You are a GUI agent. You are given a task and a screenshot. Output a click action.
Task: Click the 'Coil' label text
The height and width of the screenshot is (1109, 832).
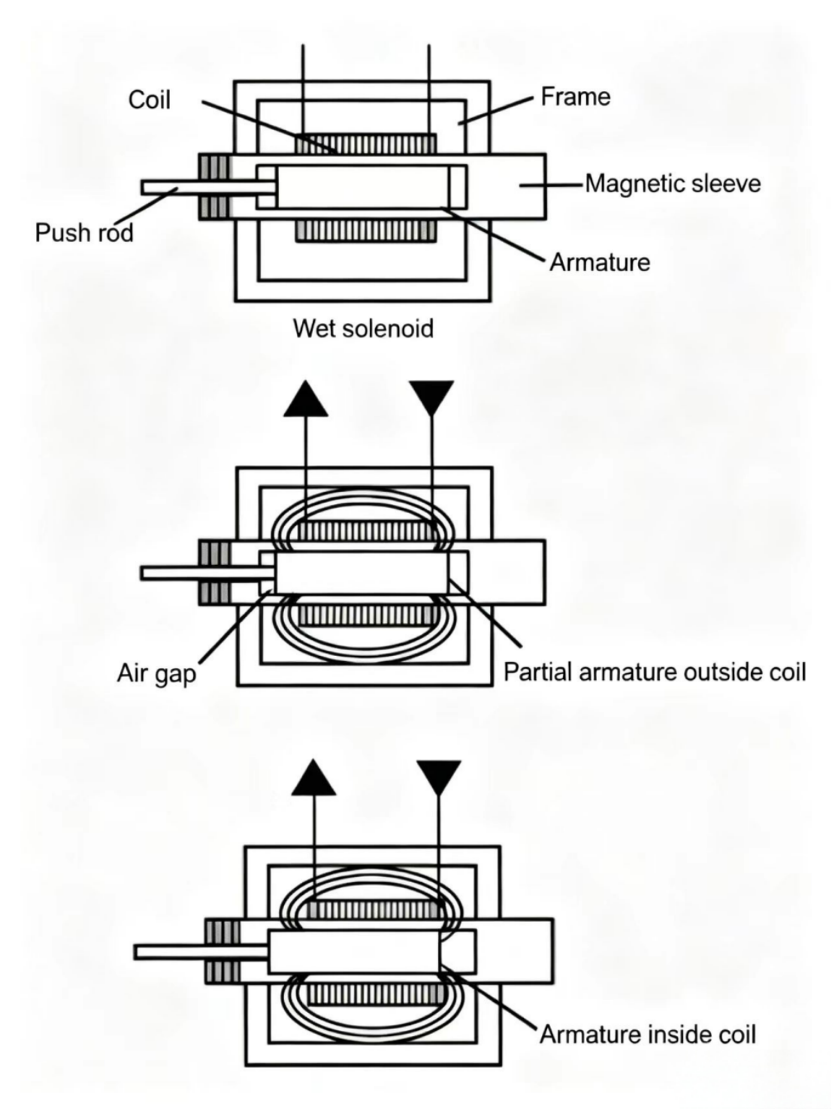150,99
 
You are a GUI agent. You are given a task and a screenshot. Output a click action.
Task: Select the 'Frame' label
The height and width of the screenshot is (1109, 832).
576,96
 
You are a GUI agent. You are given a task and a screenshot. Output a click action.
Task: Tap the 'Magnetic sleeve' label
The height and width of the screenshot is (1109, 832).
673,183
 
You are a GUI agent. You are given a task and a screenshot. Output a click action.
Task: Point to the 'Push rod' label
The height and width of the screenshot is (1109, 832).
84,233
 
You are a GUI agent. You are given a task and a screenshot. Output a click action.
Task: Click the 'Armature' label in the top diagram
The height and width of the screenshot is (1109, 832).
600,262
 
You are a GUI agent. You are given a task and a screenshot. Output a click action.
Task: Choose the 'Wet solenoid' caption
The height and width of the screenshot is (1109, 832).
363,328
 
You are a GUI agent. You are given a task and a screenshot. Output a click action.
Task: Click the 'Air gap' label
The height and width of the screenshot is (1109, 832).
156,673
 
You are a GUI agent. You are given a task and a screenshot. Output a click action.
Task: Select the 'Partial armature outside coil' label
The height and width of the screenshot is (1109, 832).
655,672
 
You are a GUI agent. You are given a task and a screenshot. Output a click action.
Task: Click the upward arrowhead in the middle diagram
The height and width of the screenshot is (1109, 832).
306,400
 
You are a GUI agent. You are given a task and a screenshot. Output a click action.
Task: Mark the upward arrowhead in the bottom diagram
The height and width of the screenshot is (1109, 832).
313,778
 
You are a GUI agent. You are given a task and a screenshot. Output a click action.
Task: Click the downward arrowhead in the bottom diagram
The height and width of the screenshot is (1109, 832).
439,778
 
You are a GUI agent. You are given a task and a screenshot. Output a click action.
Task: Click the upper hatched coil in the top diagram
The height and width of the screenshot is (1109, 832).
366,144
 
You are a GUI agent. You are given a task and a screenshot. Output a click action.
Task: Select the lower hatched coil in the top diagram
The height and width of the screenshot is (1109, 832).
366,231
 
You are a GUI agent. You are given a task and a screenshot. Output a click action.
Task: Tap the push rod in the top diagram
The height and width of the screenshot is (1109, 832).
209,187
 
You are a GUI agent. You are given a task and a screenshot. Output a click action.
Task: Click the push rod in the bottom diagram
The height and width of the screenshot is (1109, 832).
201,953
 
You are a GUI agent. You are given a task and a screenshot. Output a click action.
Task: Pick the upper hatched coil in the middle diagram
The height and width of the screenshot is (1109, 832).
367,531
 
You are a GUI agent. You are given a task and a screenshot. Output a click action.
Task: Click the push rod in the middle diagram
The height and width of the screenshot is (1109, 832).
208,573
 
